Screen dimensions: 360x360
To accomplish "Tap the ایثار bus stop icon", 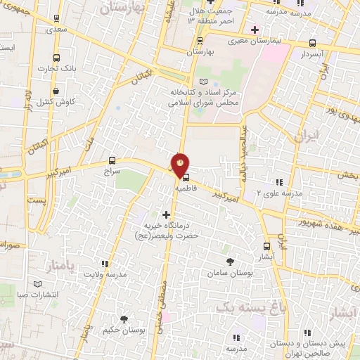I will pyautogui.click(x=266, y=247).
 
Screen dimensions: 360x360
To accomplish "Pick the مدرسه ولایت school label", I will pyautogui.click(x=108, y=274).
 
